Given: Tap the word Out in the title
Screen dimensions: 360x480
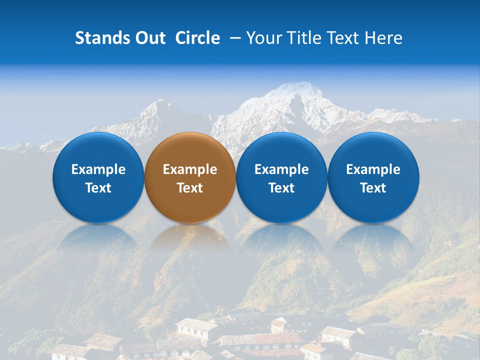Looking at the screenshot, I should point(148,38).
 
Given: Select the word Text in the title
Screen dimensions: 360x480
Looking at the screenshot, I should point(342,38).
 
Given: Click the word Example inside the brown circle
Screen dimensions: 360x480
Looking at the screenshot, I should point(190,169).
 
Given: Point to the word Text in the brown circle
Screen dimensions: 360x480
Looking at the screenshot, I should point(190,188).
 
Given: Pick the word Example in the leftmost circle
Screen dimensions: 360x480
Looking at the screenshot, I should point(98,169).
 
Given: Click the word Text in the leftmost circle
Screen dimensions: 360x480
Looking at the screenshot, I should point(98,188).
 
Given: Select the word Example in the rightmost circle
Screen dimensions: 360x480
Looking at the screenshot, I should point(373,169).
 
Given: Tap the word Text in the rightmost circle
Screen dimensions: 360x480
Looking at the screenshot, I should point(373,188).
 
